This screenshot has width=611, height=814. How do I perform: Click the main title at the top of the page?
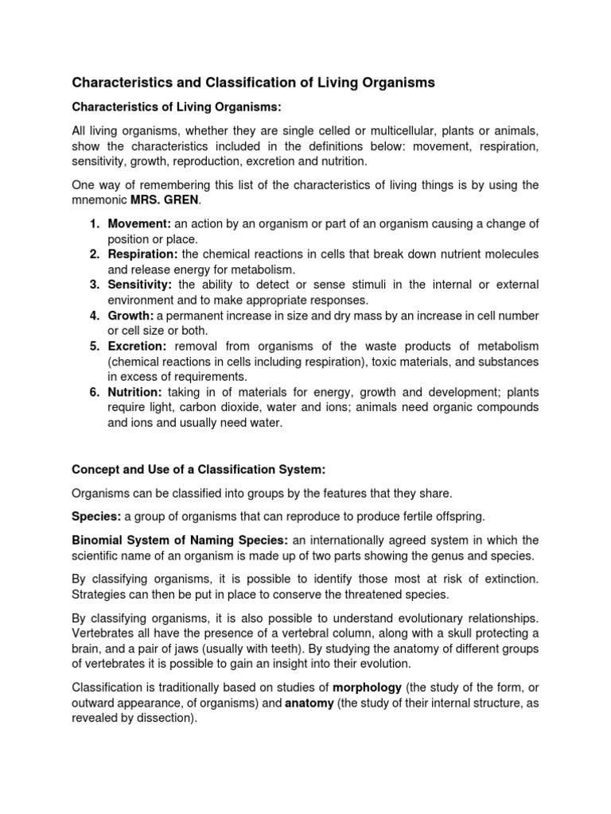(254, 82)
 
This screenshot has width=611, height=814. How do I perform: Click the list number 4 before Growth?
(94, 316)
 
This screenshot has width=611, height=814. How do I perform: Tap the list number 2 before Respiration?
(94, 254)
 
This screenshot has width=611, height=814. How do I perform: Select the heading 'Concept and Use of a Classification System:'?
(199, 467)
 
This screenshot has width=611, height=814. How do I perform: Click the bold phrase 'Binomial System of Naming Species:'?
(180, 540)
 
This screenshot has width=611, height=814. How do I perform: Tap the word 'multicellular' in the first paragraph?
(410, 131)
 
